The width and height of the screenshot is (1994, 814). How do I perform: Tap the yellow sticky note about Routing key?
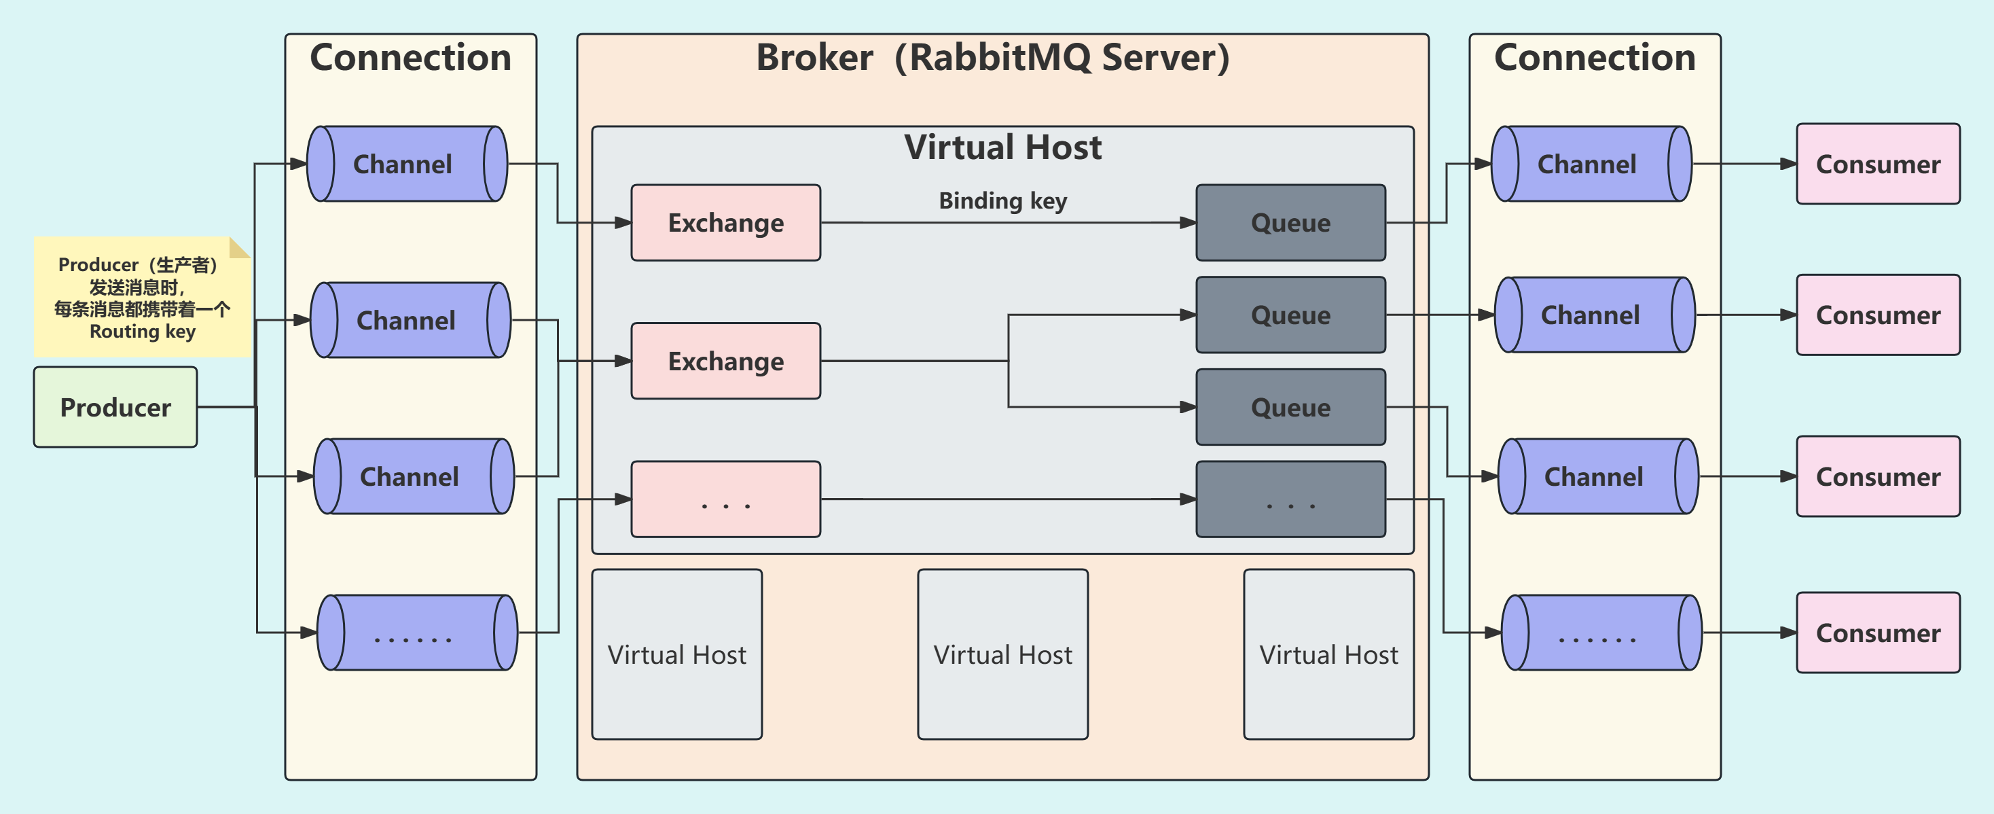click(142, 298)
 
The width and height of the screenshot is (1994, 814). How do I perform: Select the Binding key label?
click(1002, 201)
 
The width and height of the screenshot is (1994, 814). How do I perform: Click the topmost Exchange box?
click(725, 223)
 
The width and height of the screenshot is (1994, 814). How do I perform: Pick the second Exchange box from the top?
click(725, 361)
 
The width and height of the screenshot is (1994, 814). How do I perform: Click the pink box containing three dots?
click(725, 499)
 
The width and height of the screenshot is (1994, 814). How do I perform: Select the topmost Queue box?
click(1290, 223)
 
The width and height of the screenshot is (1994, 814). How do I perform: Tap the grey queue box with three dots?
click(1290, 499)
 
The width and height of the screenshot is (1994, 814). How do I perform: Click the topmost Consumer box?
click(1878, 164)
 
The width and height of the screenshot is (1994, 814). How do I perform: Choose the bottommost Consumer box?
click(1878, 633)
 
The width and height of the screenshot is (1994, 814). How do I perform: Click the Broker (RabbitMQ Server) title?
click(992, 58)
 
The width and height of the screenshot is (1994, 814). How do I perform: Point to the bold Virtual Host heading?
click(1002, 147)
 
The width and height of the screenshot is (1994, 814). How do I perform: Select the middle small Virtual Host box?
click(1002, 654)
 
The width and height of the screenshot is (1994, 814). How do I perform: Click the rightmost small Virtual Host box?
click(1328, 654)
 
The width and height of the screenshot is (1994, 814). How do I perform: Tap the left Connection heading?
click(410, 58)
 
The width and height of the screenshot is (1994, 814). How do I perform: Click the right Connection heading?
click(1595, 58)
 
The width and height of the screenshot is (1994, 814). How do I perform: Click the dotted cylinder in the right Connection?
click(1601, 633)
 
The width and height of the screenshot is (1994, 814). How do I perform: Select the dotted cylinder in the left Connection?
click(416, 633)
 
